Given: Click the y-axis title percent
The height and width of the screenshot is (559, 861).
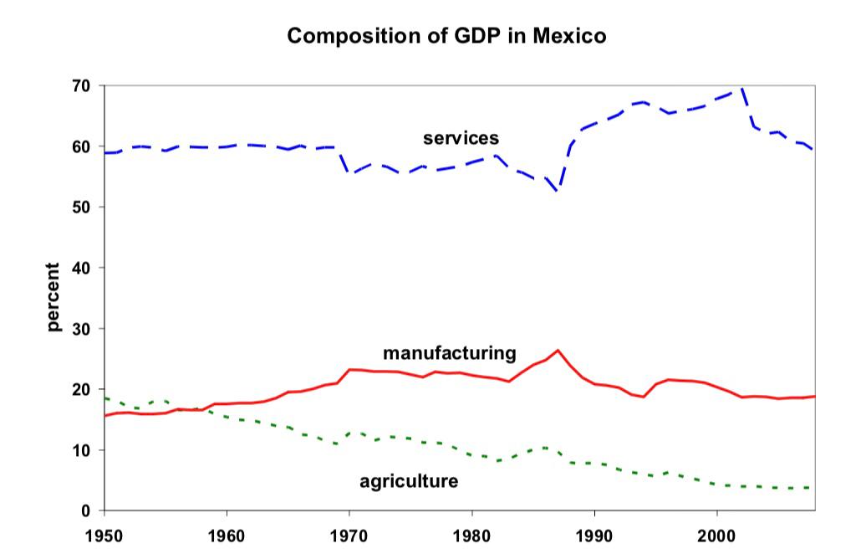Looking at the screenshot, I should click(54, 297).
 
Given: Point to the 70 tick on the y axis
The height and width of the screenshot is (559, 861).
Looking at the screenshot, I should click(83, 85).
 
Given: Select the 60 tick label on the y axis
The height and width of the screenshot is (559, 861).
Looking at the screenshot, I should click(83, 146).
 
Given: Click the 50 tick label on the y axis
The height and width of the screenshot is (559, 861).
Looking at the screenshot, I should click(83, 207).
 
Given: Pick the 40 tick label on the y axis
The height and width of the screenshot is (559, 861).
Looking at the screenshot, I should click(83, 268).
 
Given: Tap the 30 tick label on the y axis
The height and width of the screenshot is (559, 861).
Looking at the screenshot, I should click(83, 328).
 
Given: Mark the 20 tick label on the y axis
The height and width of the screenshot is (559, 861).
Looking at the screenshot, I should click(83, 389).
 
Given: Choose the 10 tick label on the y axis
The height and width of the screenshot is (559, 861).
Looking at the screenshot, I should click(83, 450).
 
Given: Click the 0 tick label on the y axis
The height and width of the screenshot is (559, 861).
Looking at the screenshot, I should click(87, 510).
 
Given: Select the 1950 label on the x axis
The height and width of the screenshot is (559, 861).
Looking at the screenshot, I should click(104, 531).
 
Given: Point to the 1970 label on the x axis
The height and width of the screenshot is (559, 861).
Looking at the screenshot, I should click(349, 531).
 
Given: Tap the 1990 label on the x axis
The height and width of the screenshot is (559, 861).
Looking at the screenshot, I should click(594, 531).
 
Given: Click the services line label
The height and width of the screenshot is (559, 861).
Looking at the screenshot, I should click(460, 138).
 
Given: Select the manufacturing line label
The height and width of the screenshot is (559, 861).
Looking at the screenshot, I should click(449, 352).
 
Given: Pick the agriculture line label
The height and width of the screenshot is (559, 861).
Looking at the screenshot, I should click(408, 481).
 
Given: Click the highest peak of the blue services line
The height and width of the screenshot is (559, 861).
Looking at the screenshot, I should click(741, 88).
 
